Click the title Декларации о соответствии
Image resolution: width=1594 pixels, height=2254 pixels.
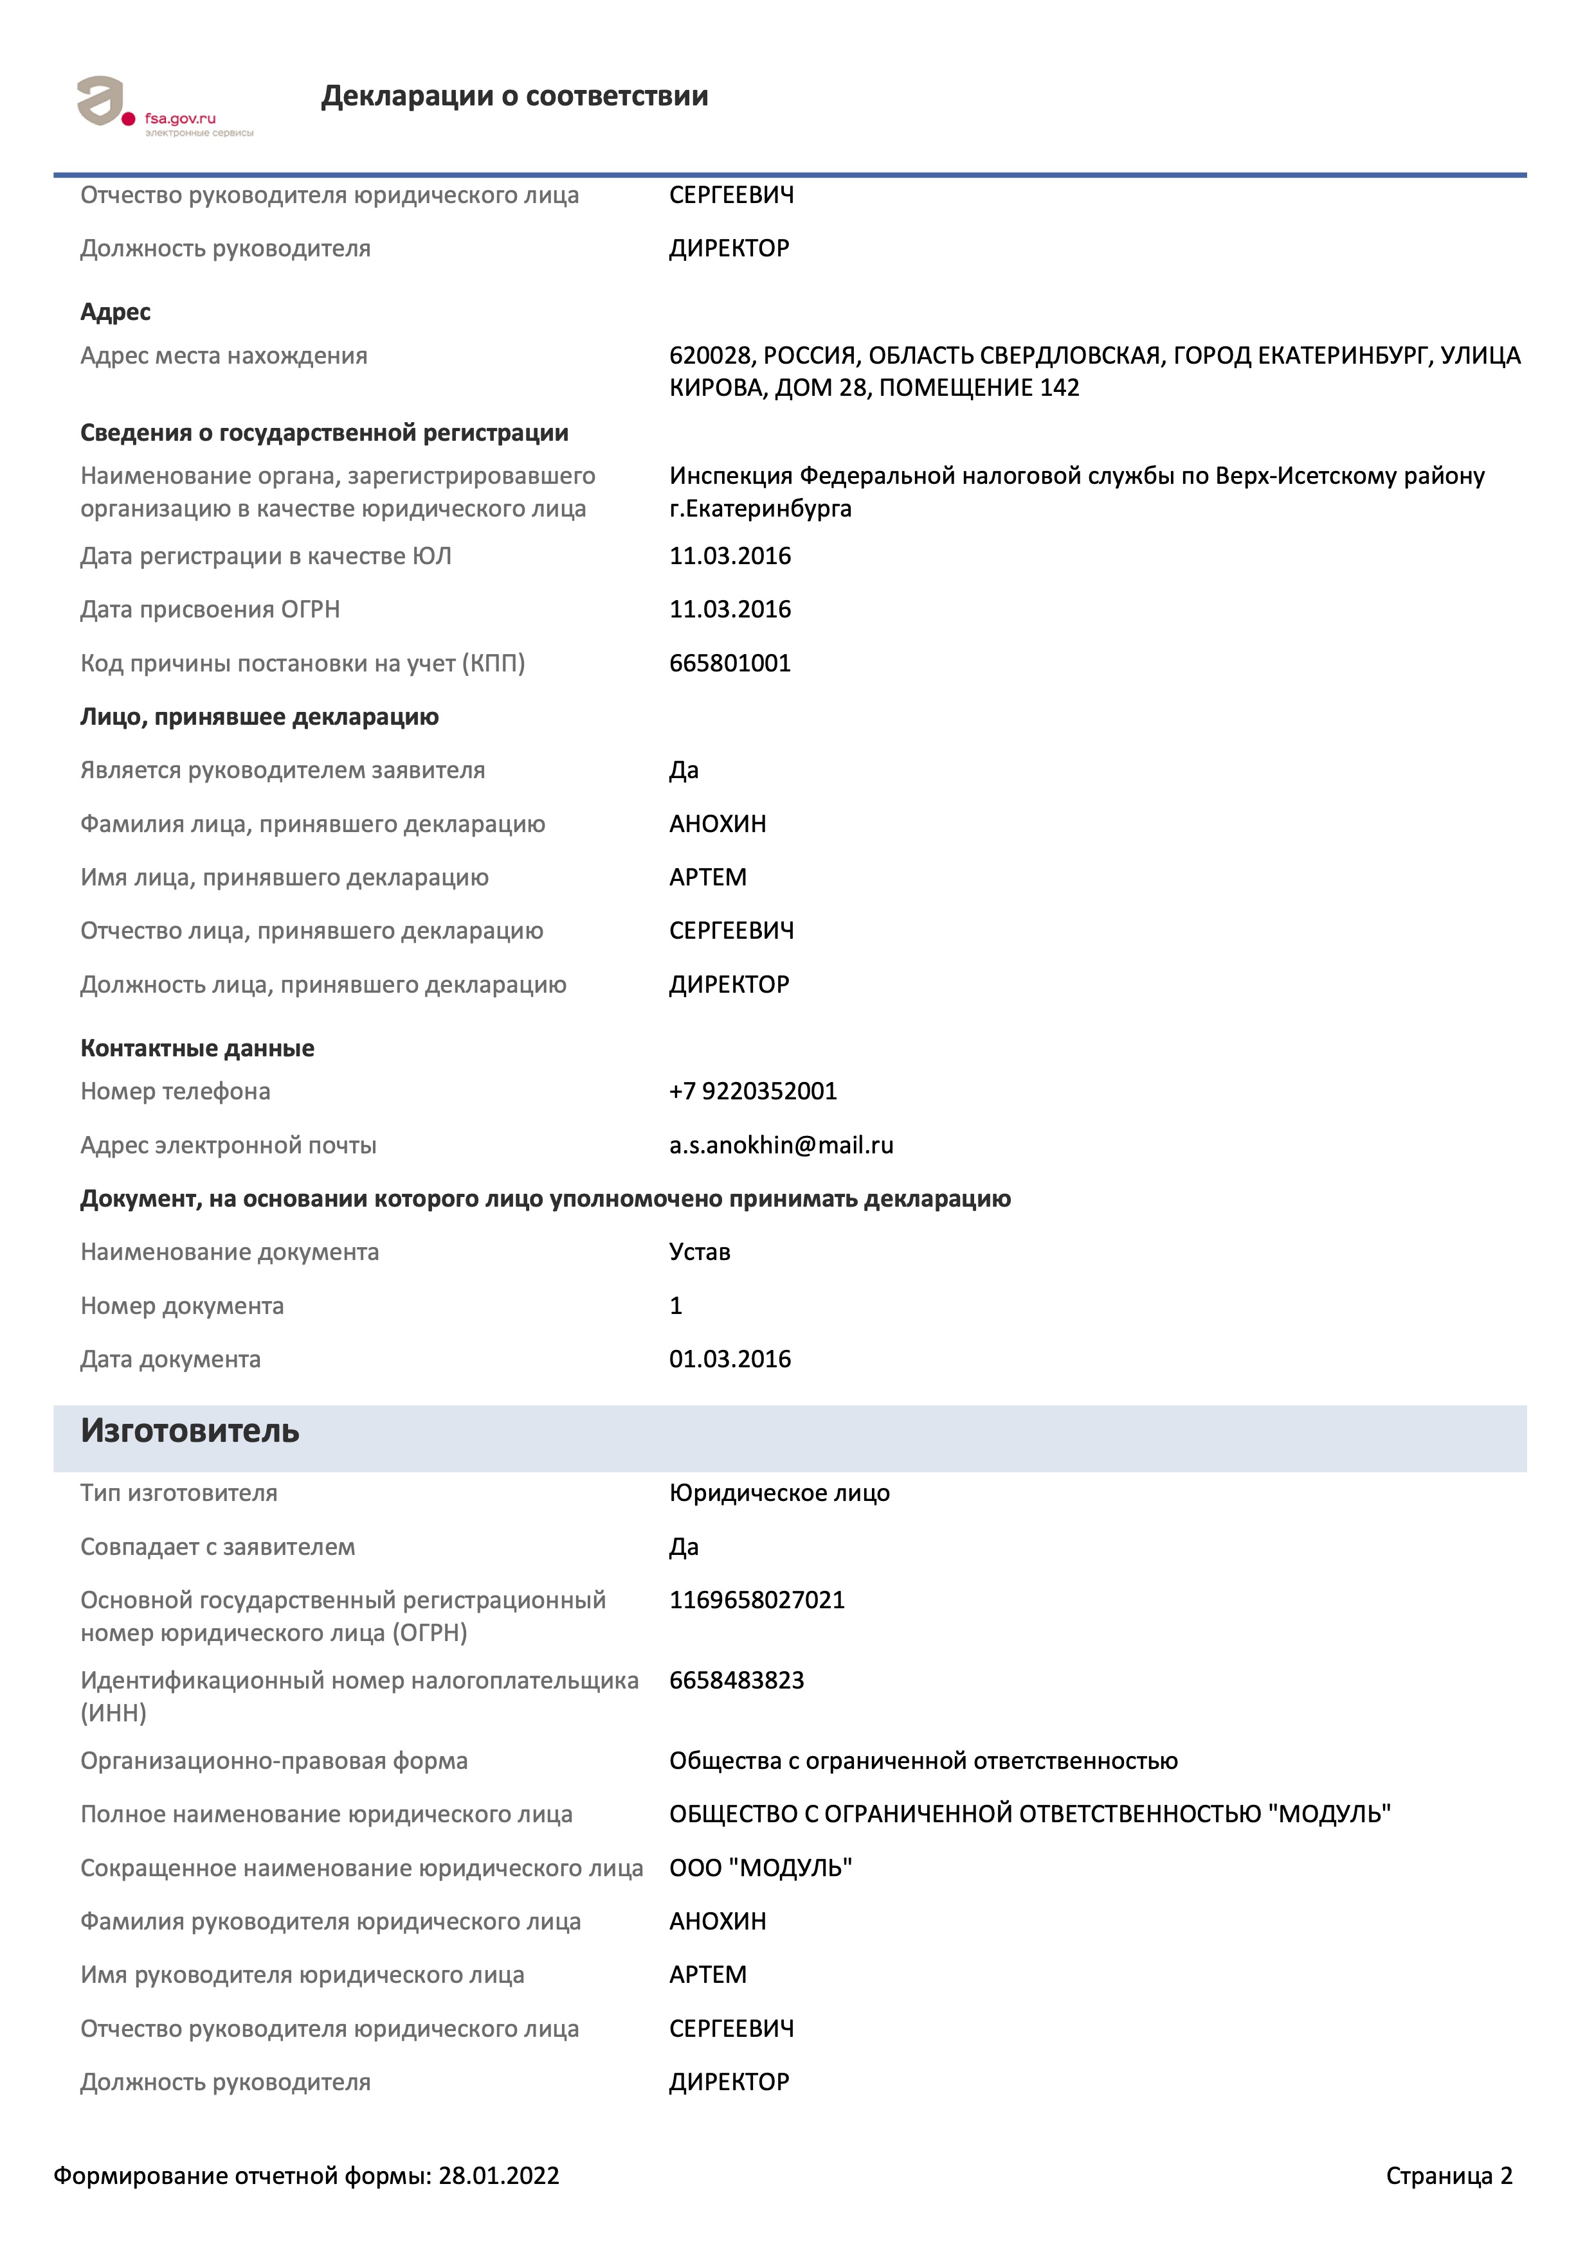tap(514, 96)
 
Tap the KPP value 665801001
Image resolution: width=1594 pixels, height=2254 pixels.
tap(730, 664)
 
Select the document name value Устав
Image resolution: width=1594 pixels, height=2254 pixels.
tap(700, 1253)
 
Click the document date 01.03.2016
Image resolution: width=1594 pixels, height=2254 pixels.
tap(730, 1360)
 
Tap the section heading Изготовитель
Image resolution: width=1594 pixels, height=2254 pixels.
tap(190, 1432)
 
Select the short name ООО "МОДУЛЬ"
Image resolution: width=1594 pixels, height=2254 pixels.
tap(760, 1868)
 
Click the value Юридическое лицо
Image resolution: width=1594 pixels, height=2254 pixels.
tap(779, 1493)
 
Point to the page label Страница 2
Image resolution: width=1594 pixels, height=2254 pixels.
tap(1449, 2176)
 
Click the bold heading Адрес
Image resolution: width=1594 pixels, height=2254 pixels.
tap(115, 312)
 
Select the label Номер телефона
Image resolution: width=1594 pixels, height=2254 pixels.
tap(175, 1092)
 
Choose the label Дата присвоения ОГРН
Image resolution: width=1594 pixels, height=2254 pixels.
tap(210, 610)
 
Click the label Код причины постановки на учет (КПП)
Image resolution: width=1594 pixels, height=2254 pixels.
tap(302, 664)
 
